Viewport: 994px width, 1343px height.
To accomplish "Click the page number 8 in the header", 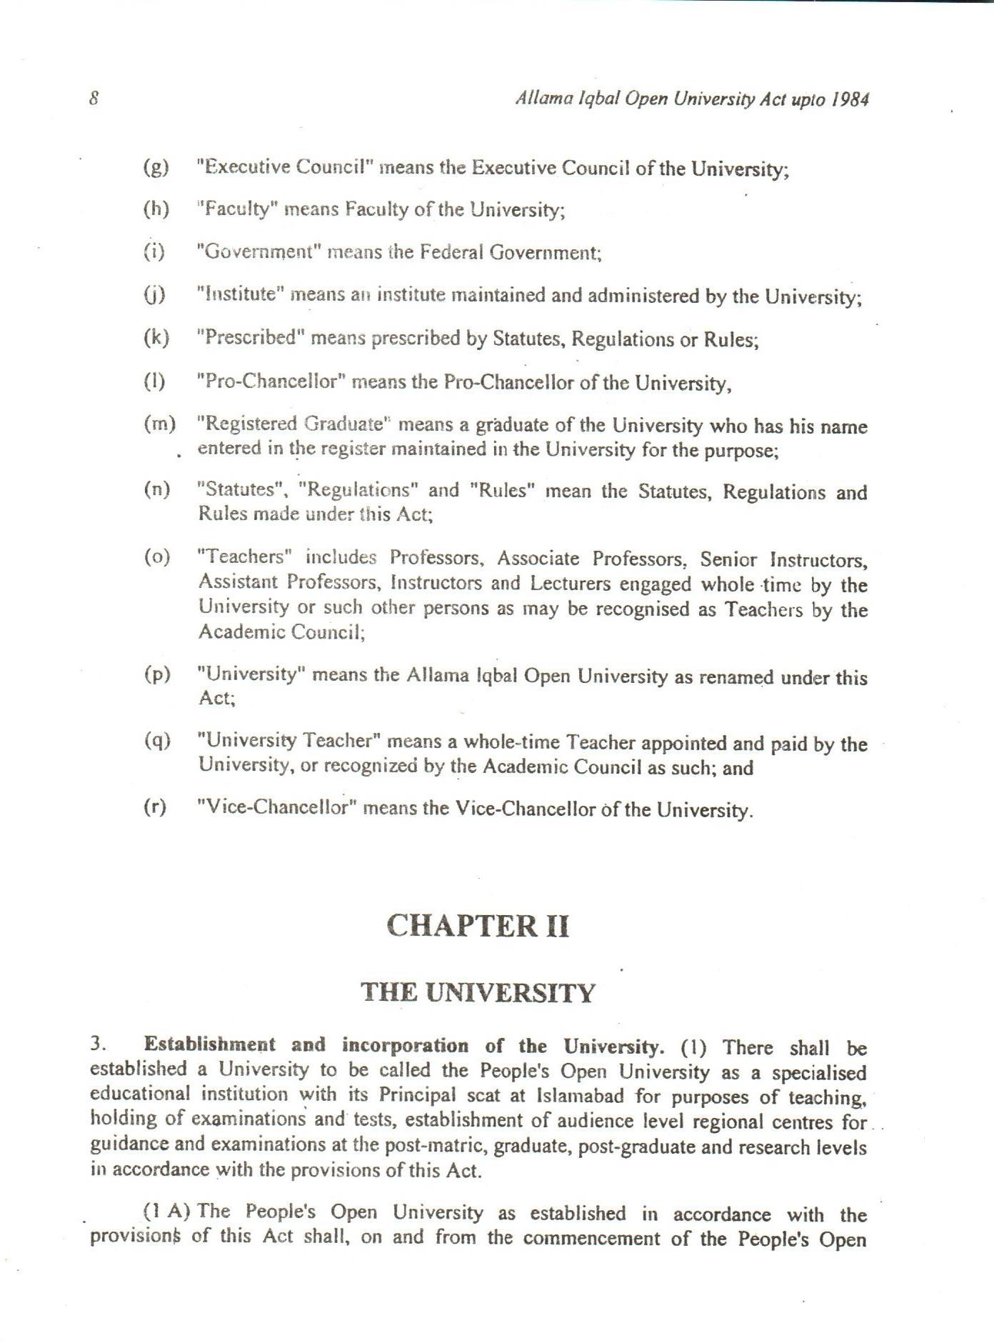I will point(94,98).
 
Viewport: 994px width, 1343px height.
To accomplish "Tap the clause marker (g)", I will point(156,167).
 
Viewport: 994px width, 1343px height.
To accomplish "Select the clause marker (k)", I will point(156,337).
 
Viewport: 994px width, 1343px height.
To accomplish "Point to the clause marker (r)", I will point(155,807).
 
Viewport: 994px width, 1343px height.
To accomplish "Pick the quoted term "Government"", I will point(260,252).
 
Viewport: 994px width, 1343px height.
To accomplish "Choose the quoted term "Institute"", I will point(241,294).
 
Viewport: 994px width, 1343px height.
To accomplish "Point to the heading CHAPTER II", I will point(478,926).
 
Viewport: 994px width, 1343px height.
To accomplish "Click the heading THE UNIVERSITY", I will point(478,993).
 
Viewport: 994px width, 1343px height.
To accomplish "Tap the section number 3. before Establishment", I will point(99,1044).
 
